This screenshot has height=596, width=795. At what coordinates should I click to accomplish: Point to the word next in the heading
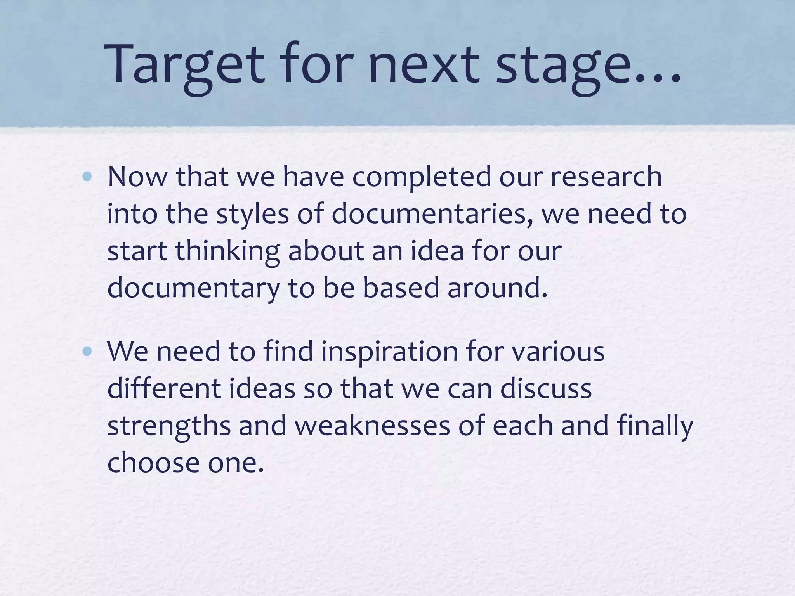point(423,64)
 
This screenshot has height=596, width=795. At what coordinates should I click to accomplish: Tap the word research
point(606,177)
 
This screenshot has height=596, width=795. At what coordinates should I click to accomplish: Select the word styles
point(253,214)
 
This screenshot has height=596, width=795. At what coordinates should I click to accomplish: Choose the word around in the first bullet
point(497,288)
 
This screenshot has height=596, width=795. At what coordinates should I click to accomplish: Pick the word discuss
point(546,388)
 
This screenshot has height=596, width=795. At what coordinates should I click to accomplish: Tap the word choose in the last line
point(154,463)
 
